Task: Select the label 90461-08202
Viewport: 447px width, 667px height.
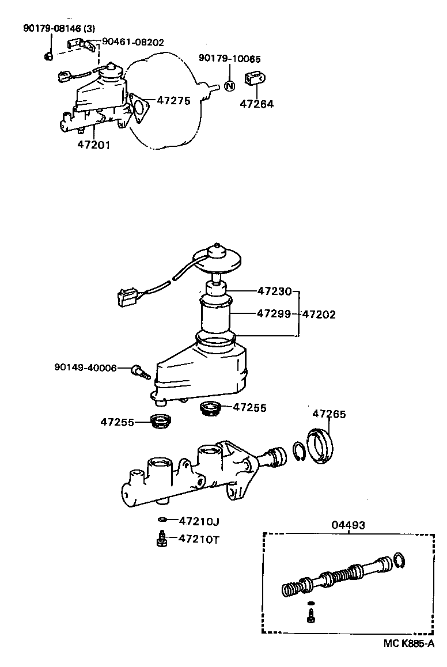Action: (x=133, y=42)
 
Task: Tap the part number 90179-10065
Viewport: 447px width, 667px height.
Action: (x=229, y=58)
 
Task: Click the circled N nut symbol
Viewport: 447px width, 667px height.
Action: (x=229, y=86)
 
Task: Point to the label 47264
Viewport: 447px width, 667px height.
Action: (x=256, y=104)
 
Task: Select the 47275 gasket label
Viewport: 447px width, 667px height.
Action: (x=173, y=101)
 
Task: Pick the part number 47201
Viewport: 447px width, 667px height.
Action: (x=93, y=145)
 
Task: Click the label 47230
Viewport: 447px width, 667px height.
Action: (x=274, y=291)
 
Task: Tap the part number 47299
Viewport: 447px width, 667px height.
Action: (x=274, y=314)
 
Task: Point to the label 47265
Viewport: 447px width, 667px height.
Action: (x=329, y=414)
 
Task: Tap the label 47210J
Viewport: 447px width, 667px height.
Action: (x=199, y=521)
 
